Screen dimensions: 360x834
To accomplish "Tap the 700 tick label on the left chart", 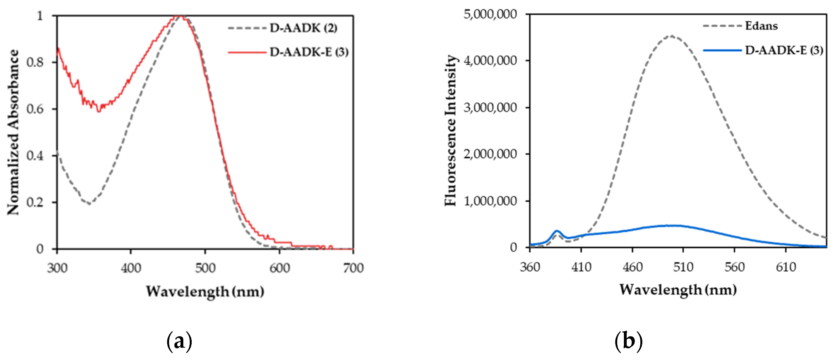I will (x=353, y=268).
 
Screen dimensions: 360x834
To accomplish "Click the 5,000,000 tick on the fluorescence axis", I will (x=490, y=14).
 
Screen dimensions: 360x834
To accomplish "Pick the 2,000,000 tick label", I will (x=490, y=154).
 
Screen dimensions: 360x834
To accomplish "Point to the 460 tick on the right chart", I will (x=632, y=267).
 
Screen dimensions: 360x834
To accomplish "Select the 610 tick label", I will (x=786, y=267).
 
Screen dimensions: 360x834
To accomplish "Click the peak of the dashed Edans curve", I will (x=671, y=36).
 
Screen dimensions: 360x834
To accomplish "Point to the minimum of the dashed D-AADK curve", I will (x=89, y=204).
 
